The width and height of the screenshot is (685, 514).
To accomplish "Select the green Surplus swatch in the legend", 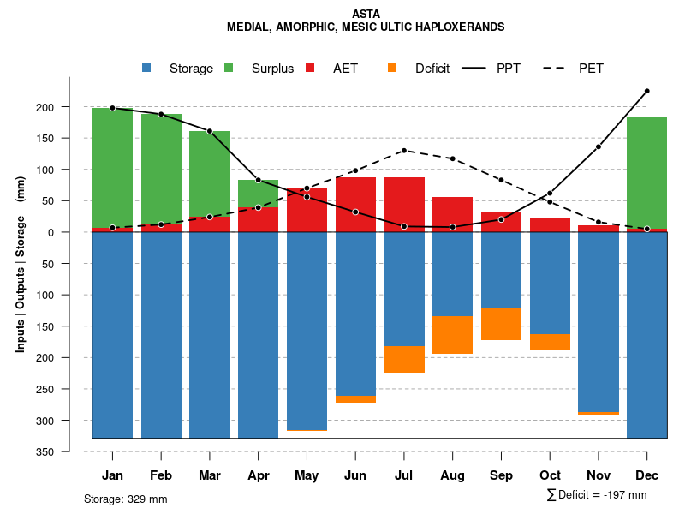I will point(229,69).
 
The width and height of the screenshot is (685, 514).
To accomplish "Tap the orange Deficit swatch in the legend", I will point(392,69).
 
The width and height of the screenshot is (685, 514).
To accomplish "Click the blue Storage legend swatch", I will point(147,69).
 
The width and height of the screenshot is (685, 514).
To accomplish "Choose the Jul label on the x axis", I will point(404,475).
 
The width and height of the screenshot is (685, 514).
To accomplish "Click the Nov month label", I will point(599,475).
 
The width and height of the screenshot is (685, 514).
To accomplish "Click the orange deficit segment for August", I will point(452,335).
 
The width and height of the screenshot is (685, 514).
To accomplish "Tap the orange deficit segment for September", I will point(501,324).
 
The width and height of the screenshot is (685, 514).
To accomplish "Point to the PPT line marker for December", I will point(646,91).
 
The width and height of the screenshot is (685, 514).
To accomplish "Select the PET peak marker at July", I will point(404,151).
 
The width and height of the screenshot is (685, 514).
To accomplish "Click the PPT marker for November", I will point(599,146).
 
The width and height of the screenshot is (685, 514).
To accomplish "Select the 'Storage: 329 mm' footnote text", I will point(125,499).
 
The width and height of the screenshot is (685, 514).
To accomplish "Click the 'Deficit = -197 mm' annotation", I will point(597,495).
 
